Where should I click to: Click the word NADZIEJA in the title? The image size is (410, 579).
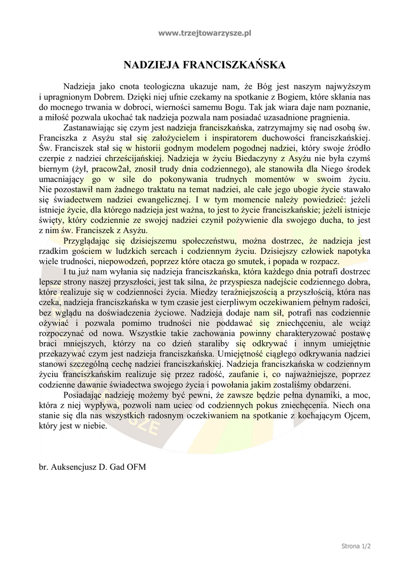pos(153,66)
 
